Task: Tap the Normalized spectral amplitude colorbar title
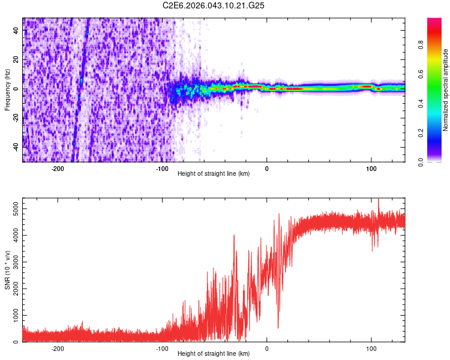pyautogui.click(x=446, y=90)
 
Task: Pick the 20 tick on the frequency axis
pyautogui.click(x=16, y=59)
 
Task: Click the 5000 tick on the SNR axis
pyautogui.click(x=12, y=208)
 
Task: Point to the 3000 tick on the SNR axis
pyautogui.click(x=12, y=262)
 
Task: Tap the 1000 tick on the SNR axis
pyautogui.click(x=12, y=315)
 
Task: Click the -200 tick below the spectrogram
pyautogui.click(x=58, y=169)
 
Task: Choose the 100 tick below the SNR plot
pyautogui.click(x=371, y=349)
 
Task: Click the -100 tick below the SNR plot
pyautogui.click(x=162, y=349)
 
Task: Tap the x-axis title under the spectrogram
pyautogui.click(x=214, y=174)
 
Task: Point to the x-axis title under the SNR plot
pyautogui.click(x=214, y=354)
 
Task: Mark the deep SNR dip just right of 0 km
pyautogui.click(x=278, y=327)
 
